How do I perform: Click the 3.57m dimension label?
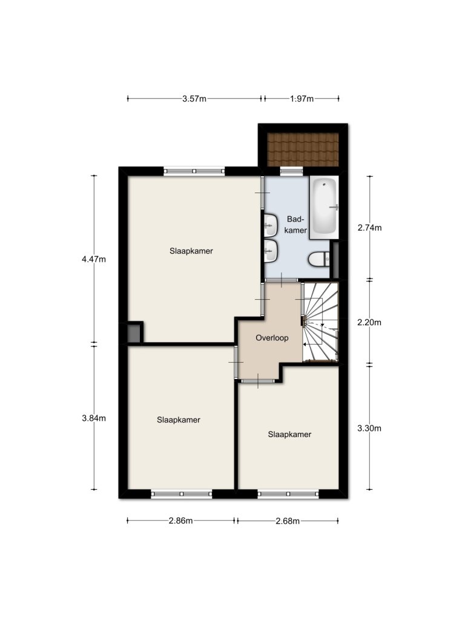click(x=194, y=99)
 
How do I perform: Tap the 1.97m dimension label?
click(x=302, y=99)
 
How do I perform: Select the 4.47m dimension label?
click(x=94, y=259)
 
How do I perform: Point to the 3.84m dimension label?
click(x=94, y=418)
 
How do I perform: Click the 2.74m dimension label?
click(x=369, y=228)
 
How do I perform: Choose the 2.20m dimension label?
click(x=369, y=322)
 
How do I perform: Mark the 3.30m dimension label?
click(x=369, y=428)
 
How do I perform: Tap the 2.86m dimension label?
click(x=180, y=521)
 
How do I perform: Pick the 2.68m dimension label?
click(x=288, y=521)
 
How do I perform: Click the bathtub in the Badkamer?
click(x=324, y=207)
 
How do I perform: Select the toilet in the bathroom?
click(x=318, y=259)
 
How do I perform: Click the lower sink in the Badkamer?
click(x=271, y=251)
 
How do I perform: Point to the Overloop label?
click(x=272, y=338)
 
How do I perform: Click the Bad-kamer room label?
click(x=295, y=225)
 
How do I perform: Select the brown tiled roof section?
click(x=303, y=150)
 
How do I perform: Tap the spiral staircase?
click(x=320, y=322)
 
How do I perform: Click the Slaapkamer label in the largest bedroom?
click(x=191, y=251)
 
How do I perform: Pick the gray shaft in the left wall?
click(x=134, y=334)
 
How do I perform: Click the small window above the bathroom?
click(x=291, y=171)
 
